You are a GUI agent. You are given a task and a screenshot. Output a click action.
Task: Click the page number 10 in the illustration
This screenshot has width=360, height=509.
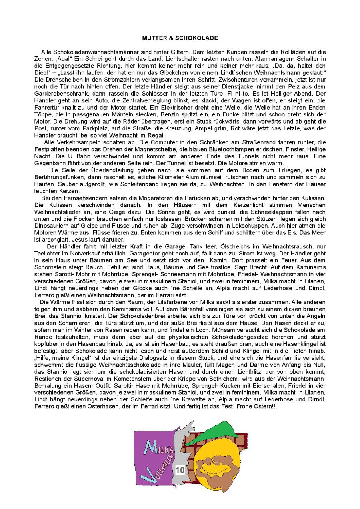[x=180, y=470]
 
